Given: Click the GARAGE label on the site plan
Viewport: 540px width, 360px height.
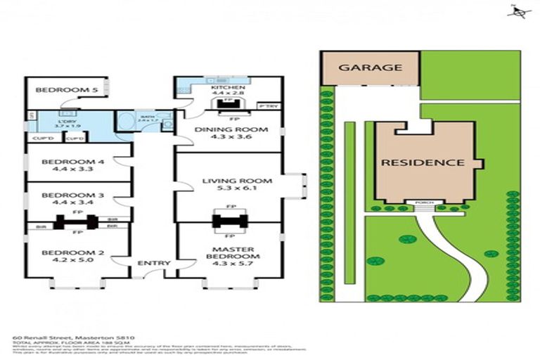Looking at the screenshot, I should (x=371, y=68).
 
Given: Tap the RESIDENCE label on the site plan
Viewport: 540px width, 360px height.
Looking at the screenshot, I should (x=422, y=162).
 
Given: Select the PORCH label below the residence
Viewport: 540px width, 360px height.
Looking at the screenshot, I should (x=424, y=202).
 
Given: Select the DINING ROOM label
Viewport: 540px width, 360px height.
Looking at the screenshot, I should (x=231, y=129).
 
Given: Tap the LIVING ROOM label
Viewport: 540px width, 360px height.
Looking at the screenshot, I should (x=237, y=181).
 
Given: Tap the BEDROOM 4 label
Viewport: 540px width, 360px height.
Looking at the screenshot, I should (x=68, y=162).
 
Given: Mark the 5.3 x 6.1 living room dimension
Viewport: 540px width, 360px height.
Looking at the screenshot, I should (x=237, y=189).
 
